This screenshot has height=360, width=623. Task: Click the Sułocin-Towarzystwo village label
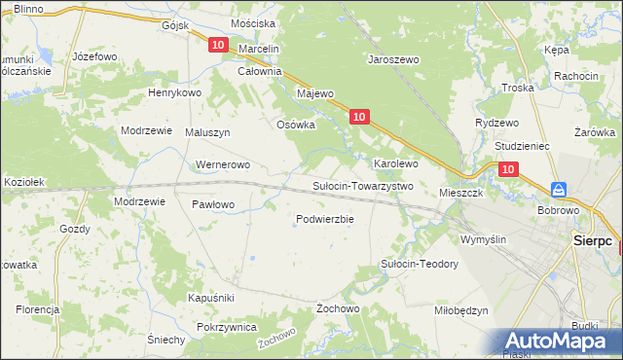click(362, 186)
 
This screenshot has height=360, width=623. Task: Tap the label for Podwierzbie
click(324, 219)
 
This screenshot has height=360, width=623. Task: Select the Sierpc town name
click(591, 239)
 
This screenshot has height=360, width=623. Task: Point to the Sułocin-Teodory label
click(419, 264)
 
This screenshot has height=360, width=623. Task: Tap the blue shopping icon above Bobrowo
click(559, 189)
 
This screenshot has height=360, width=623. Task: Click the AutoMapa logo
click(559, 341)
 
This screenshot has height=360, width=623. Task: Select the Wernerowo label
click(224, 164)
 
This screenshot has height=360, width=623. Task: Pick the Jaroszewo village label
click(392, 59)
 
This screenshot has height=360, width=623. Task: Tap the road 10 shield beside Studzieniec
click(508, 169)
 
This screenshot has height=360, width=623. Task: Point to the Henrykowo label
click(173, 92)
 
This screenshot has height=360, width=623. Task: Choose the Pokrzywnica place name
click(226, 328)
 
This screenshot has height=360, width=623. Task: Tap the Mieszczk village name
click(461, 193)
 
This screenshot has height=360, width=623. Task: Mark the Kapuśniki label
click(210, 297)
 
